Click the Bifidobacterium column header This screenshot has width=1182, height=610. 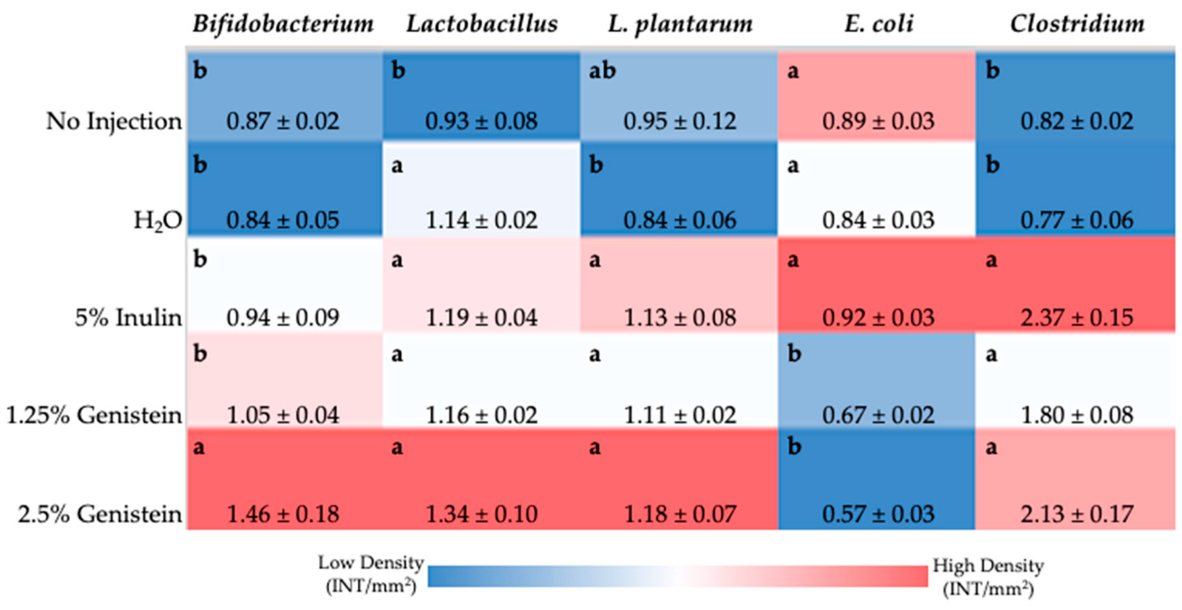(283, 24)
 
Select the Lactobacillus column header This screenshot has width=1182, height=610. (482, 24)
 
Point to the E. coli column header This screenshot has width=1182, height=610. (878, 24)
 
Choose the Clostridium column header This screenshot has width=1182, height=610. (1077, 24)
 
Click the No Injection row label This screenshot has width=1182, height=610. (114, 122)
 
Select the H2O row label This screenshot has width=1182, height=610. (157, 221)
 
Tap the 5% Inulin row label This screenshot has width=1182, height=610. (128, 317)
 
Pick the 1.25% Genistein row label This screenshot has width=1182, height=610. (94, 416)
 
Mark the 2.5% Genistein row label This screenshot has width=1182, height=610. (100, 514)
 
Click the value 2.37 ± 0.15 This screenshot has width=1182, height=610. (1076, 317)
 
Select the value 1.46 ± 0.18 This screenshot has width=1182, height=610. (283, 514)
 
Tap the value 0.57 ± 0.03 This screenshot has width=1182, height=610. (878, 514)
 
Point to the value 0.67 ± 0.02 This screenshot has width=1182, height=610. (878, 416)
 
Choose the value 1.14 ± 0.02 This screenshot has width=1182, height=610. (481, 220)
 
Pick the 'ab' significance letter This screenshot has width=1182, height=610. (602, 71)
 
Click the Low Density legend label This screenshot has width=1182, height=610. (371, 574)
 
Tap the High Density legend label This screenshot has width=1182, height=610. (988, 577)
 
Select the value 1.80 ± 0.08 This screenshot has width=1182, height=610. (1076, 416)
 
